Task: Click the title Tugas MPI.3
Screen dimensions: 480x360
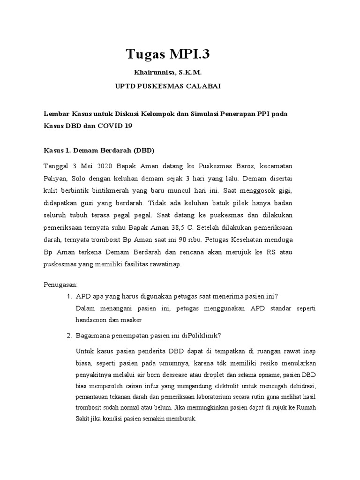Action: pyautogui.click(x=168, y=54)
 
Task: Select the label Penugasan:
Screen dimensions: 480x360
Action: pyautogui.click(x=60, y=285)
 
